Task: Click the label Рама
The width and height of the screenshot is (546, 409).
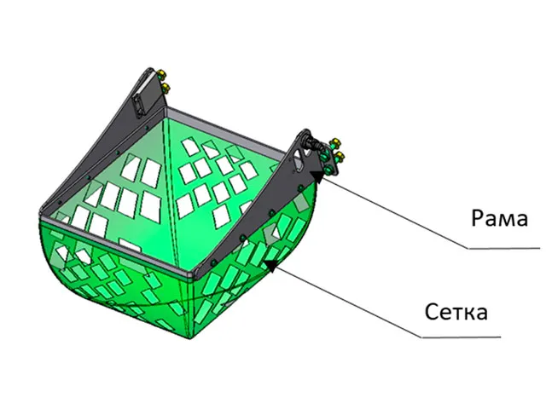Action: (x=500, y=218)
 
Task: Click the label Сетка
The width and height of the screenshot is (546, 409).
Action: (x=456, y=311)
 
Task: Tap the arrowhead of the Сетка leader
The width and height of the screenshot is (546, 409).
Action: (x=271, y=265)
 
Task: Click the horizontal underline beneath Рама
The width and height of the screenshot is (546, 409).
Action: (x=504, y=248)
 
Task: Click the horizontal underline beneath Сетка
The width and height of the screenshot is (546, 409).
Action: (x=461, y=337)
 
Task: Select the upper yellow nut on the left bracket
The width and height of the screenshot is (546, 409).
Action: (x=161, y=74)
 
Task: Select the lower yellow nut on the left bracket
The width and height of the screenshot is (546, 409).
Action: (x=165, y=88)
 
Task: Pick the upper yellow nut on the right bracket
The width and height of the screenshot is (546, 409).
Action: (x=335, y=142)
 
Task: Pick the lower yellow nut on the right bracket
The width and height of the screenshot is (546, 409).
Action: (x=339, y=156)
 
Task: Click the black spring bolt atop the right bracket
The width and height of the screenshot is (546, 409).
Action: (x=313, y=142)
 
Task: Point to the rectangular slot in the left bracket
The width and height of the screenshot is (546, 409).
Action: (x=141, y=104)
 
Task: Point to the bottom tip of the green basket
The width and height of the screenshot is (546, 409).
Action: (x=189, y=338)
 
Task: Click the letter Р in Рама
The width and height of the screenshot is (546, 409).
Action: (x=478, y=218)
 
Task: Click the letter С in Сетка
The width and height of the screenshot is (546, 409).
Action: (x=432, y=311)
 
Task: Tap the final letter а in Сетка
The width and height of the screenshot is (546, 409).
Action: (x=481, y=314)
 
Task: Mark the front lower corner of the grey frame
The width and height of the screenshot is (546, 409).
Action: (x=191, y=276)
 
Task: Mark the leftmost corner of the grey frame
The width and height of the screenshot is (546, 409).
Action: (x=41, y=213)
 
